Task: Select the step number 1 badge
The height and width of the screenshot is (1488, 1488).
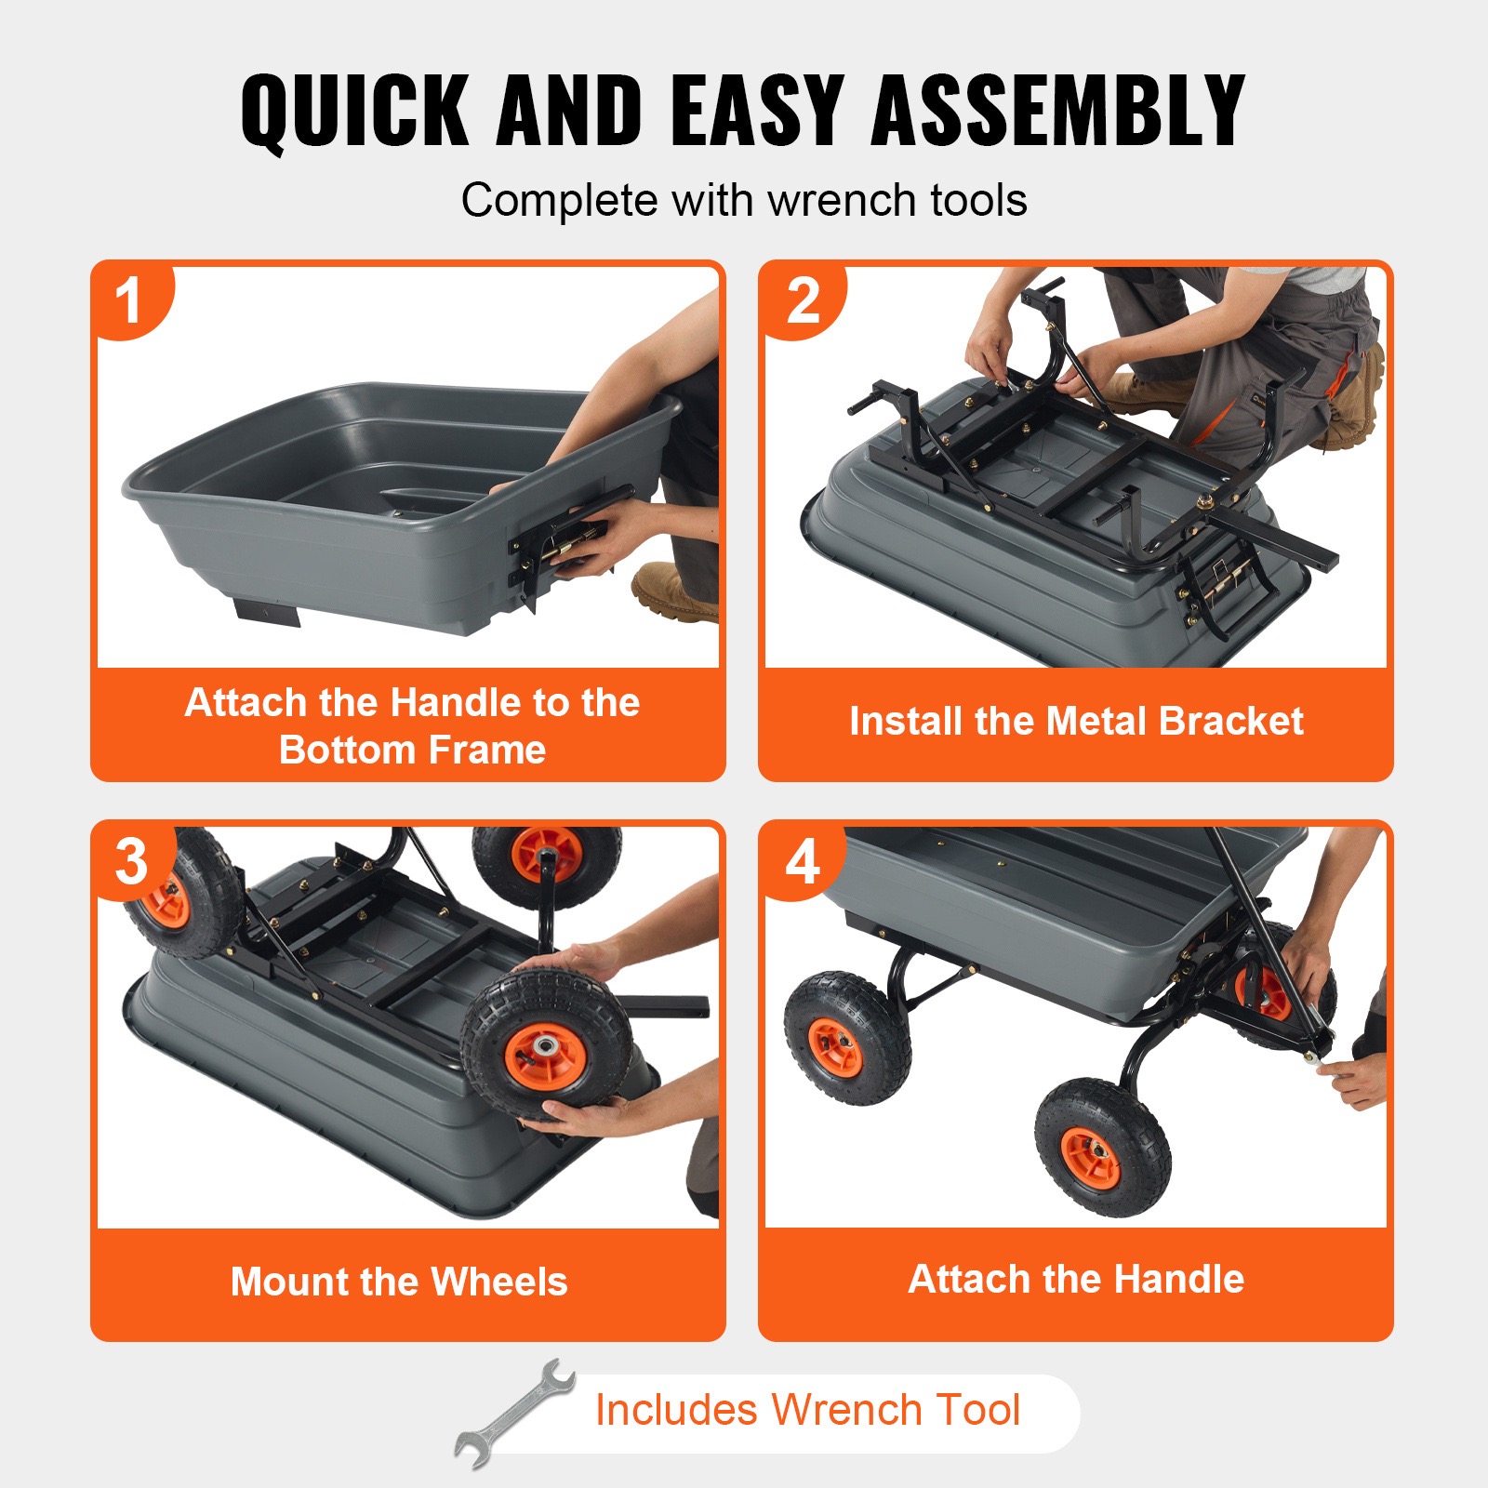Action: click(128, 301)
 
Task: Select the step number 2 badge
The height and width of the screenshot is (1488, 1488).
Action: click(803, 301)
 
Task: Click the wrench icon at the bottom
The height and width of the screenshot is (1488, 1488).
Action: click(514, 1414)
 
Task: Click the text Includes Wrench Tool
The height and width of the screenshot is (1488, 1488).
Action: click(807, 1410)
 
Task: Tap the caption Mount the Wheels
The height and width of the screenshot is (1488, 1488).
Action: click(399, 1282)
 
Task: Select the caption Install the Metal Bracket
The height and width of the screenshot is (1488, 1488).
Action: click(1076, 722)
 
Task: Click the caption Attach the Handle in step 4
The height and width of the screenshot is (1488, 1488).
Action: click(1076, 1279)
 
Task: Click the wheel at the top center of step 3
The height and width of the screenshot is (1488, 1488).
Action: click(547, 861)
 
